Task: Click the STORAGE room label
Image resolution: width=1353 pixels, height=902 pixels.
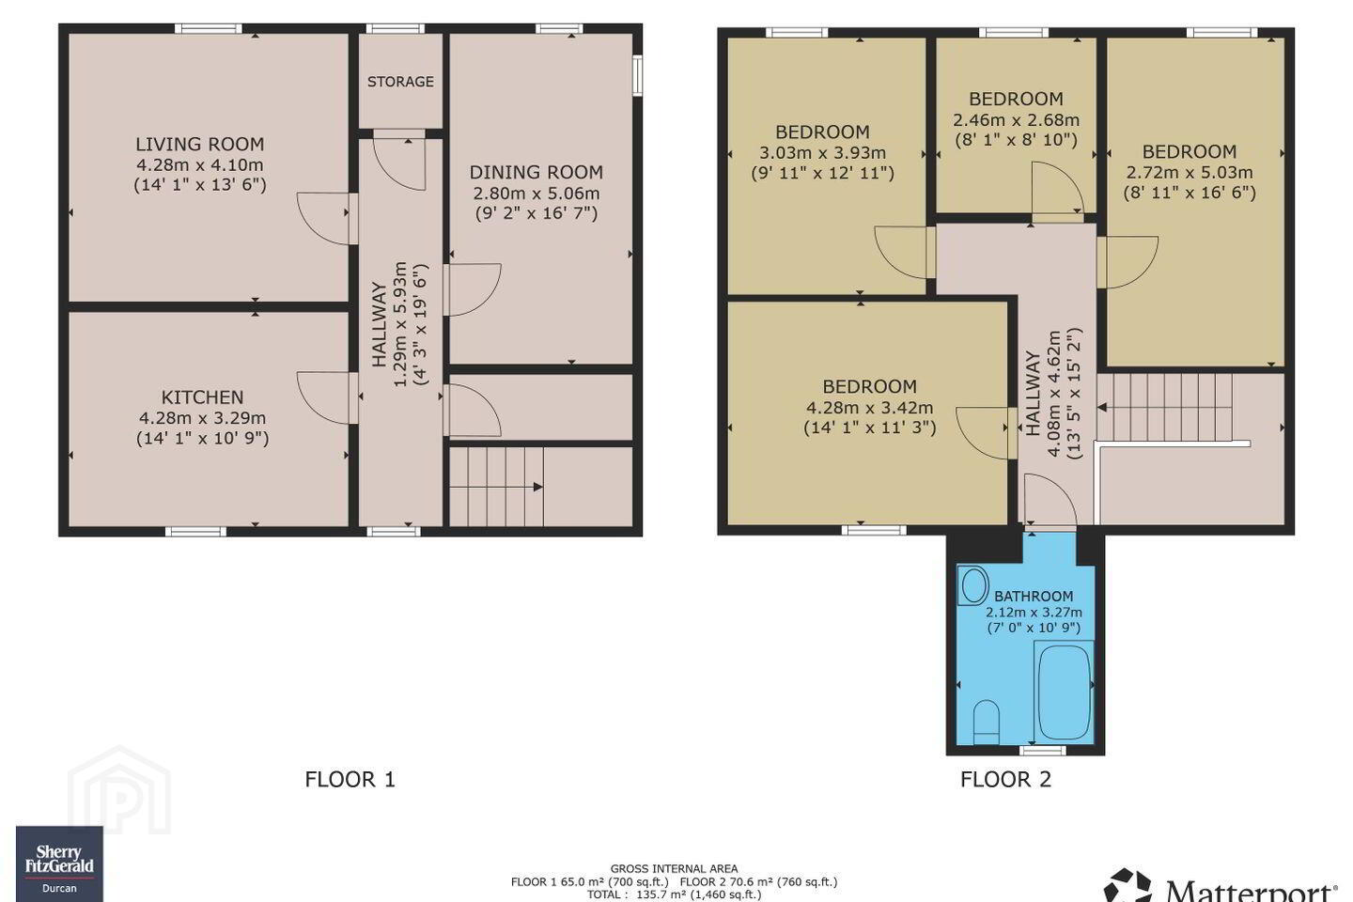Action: (x=400, y=82)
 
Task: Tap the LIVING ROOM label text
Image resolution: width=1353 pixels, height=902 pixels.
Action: (x=200, y=145)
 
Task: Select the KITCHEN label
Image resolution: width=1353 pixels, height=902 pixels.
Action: (x=202, y=397)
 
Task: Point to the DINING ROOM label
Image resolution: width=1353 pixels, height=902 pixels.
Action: (x=537, y=173)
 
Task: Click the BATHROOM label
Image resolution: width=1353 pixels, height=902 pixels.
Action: (x=1034, y=597)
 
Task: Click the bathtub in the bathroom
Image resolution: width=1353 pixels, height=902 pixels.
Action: (x=1064, y=692)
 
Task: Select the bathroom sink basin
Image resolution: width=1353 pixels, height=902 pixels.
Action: (x=972, y=584)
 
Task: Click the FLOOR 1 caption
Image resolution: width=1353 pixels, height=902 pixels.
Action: (x=350, y=779)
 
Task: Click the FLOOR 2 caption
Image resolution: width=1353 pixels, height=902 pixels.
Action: (x=1005, y=779)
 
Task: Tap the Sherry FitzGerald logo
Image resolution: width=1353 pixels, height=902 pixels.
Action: (x=59, y=863)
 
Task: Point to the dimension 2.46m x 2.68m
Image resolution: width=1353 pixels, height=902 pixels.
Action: (x=1016, y=120)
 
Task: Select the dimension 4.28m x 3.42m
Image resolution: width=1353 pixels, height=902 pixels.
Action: (x=870, y=408)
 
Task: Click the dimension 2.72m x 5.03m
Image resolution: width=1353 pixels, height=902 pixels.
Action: (x=1190, y=173)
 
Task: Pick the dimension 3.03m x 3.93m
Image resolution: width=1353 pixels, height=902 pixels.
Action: (x=823, y=153)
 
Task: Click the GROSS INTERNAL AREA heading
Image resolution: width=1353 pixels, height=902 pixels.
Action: (x=674, y=869)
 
